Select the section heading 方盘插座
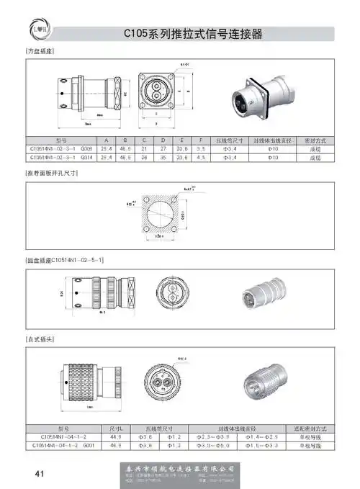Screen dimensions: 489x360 pyautogui.click(x=40, y=53)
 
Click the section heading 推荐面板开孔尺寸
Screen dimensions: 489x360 pyautogui.click(x=53, y=175)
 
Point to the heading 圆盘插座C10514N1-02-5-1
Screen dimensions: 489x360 pyautogui.click(x=66, y=259)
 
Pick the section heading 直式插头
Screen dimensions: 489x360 pyautogui.click(x=40, y=338)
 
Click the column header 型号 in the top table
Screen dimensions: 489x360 pyautogui.click(x=60, y=140)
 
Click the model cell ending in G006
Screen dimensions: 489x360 pyautogui.click(x=60, y=148)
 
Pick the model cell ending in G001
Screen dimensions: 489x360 pyautogui.click(x=63, y=446)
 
